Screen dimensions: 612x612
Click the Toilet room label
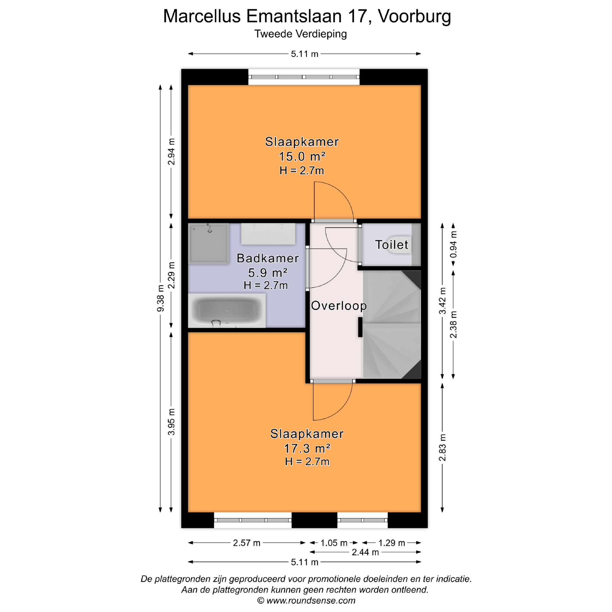[391, 245]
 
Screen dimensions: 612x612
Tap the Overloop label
[339, 306]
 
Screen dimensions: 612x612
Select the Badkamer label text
[268, 258]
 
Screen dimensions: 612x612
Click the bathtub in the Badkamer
[227, 310]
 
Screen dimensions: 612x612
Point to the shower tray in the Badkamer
[208, 243]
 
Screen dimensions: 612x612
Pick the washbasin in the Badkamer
[268, 234]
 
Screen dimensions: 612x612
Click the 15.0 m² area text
[302, 157]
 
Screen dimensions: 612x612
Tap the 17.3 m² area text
[307, 449]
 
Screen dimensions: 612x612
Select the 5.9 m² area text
[268, 273]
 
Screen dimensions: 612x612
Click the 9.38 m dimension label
[161, 298]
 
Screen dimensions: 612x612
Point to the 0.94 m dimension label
[453, 244]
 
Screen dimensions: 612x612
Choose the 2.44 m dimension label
[365, 552]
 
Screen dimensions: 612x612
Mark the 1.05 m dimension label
[334, 543]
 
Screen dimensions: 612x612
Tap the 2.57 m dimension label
[247, 543]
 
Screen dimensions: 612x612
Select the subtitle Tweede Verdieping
[301, 34]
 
